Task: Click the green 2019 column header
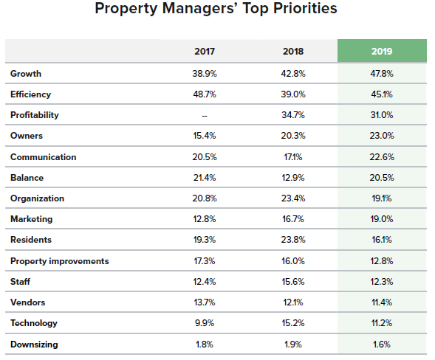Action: point(381,52)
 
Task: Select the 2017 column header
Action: point(205,52)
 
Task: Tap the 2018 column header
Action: point(293,52)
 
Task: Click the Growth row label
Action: point(26,74)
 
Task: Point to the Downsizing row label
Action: point(34,345)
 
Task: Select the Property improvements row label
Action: point(59,261)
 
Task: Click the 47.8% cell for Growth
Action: point(381,74)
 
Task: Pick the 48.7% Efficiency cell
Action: point(205,94)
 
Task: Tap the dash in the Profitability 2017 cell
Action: point(205,115)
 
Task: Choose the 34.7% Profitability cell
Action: point(293,115)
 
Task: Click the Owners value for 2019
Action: point(381,136)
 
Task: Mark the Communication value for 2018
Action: point(293,157)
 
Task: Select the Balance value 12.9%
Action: point(293,178)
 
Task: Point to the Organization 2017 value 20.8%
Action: point(205,198)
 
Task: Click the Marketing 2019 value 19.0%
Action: point(381,219)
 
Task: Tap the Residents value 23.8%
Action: point(293,240)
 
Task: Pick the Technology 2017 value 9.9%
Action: point(205,323)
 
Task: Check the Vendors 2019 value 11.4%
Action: point(381,302)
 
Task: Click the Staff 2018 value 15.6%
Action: point(293,282)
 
